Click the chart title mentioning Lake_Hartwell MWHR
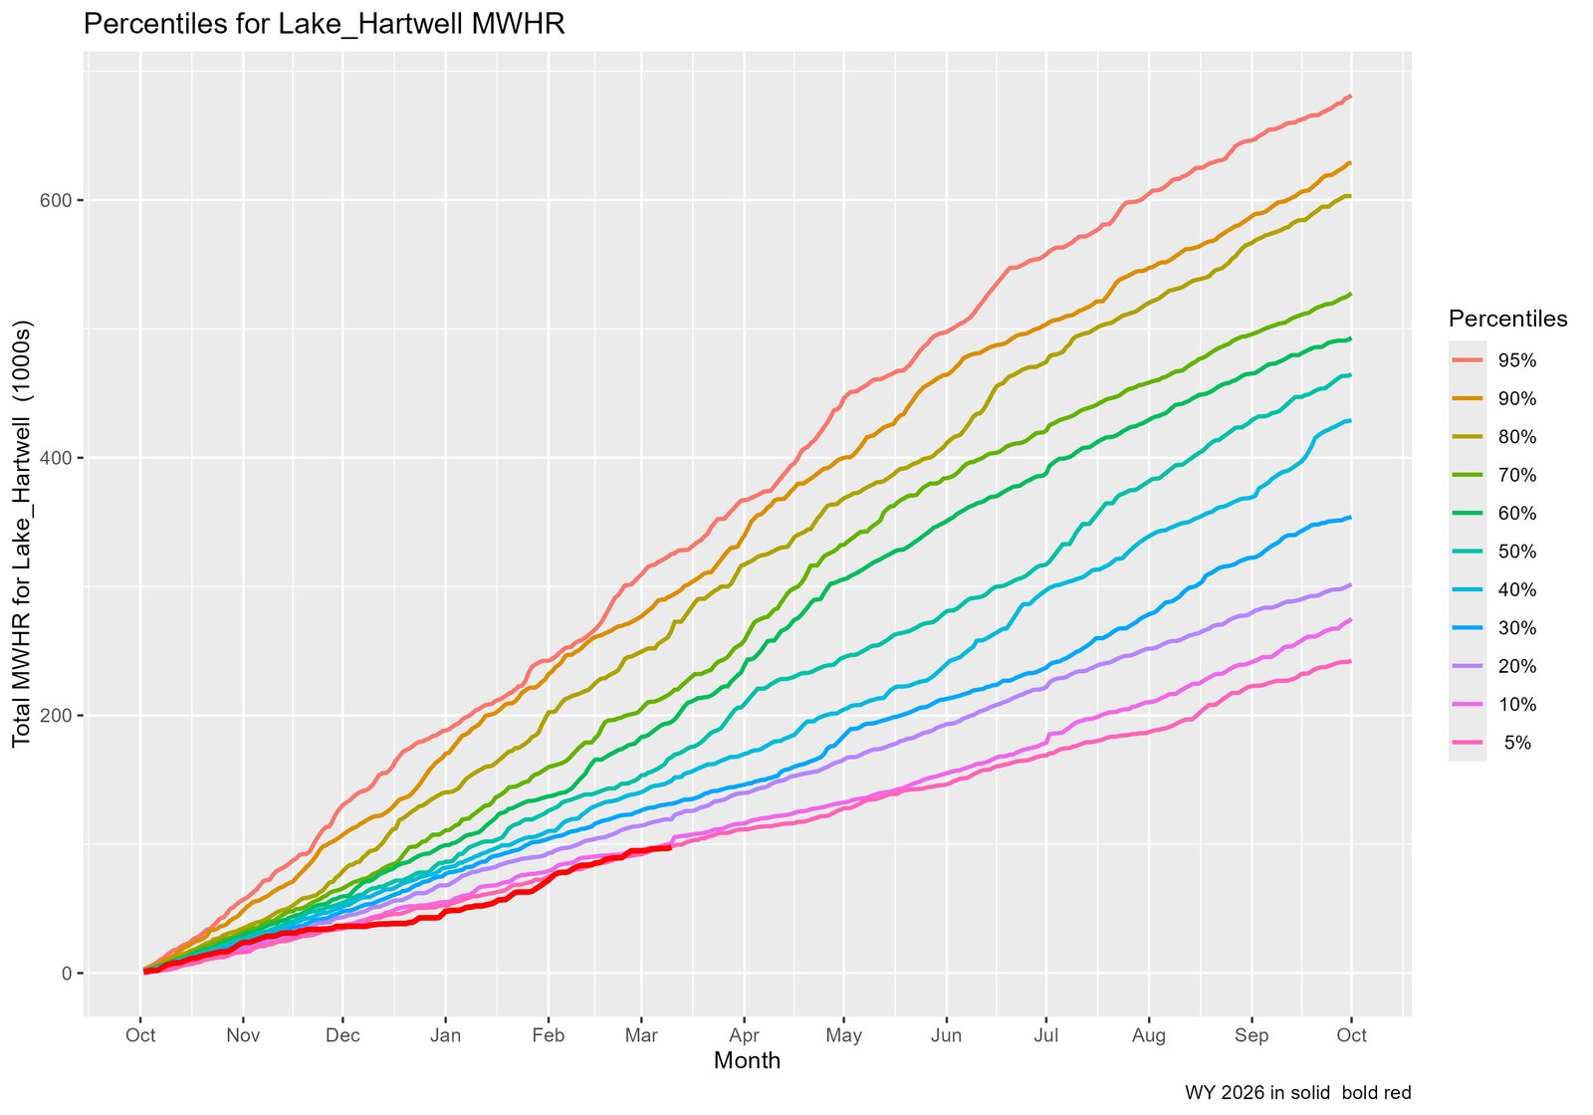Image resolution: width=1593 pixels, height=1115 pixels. click(x=324, y=25)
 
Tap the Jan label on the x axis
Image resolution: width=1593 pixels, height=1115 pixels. click(x=445, y=1035)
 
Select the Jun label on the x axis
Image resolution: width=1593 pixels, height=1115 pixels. click(x=946, y=1035)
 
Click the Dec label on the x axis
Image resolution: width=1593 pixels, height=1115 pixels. click(x=342, y=1035)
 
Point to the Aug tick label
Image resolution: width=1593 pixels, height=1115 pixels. click(x=1149, y=1035)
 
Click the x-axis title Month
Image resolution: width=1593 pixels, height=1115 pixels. click(x=747, y=1061)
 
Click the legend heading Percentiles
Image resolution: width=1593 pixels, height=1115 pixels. click(x=1507, y=320)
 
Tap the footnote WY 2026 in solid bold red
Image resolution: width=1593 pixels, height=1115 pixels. click(x=1297, y=1093)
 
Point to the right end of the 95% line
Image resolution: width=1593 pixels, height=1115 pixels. click(x=1350, y=97)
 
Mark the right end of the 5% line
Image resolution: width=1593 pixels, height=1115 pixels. click(x=1350, y=661)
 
